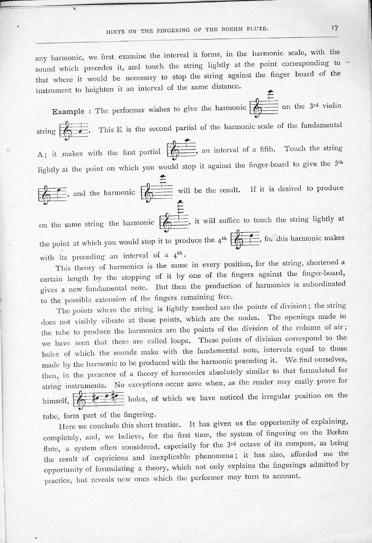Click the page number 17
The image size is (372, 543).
click(335, 28)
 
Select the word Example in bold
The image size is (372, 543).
click(68, 112)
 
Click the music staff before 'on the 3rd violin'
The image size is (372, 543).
click(264, 105)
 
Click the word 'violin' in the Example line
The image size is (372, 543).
click(331, 106)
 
